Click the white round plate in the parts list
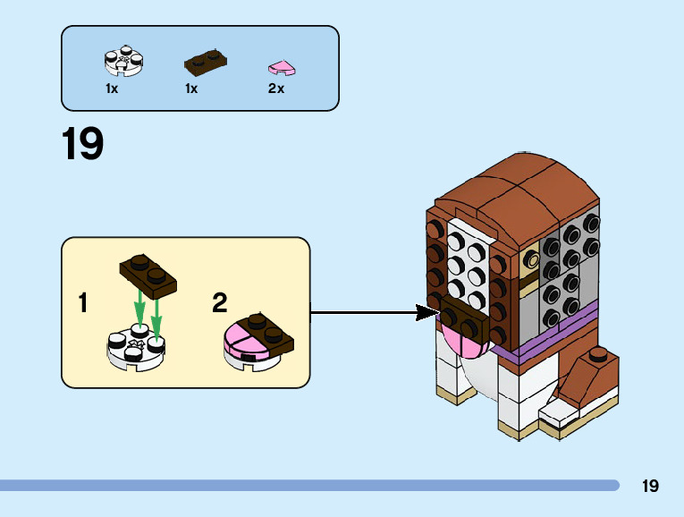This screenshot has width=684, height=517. [124, 61]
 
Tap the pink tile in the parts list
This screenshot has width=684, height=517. [282, 67]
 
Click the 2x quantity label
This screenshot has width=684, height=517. [275, 89]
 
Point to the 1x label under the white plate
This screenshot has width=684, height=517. [112, 89]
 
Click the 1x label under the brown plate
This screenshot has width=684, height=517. [190, 89]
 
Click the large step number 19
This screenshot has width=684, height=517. [82, 145]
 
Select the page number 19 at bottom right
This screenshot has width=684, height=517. [650, 487]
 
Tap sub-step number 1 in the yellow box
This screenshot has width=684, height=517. [83, 303]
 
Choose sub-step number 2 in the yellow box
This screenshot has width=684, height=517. [219, 303]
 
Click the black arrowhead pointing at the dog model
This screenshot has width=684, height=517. [427, 312]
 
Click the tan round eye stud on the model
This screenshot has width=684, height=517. [532, 260]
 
